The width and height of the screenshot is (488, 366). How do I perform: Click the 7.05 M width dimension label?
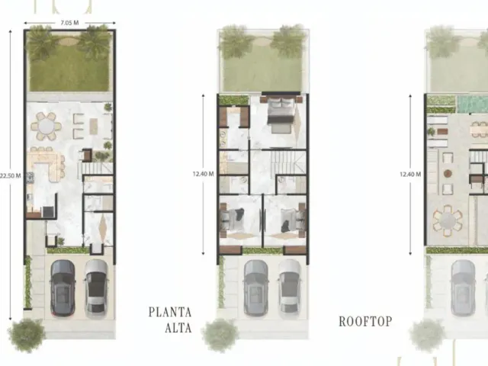pos(69,23)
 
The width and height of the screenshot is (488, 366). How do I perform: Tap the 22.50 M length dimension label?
pos(10,176)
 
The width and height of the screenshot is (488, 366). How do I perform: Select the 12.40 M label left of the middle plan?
pos(204,174)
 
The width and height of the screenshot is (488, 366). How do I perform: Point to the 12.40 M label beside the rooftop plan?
pos(410,175)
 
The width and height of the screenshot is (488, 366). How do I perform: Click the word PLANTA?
pos(170,312)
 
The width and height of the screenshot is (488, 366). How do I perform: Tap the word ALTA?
pos(178,328)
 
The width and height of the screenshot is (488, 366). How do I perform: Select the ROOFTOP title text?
pos(365,322)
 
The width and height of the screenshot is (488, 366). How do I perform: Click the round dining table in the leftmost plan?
pos(46,127)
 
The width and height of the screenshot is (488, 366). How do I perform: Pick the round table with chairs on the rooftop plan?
pos(448,220)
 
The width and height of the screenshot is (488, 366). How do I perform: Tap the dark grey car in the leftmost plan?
pos(63,287)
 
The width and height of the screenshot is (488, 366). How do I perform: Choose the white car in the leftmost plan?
pos(97,289)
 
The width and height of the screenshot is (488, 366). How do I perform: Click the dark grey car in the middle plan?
pos(256,287)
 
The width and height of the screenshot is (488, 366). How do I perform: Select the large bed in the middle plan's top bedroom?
pos(281,113)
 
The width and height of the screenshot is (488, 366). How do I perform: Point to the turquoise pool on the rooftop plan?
pos(473,104)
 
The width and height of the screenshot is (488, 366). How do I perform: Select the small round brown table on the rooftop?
pos(448,173)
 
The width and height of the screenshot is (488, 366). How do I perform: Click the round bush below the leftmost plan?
pos(27,335)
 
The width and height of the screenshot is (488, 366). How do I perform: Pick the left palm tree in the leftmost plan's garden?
pos(40,43)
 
